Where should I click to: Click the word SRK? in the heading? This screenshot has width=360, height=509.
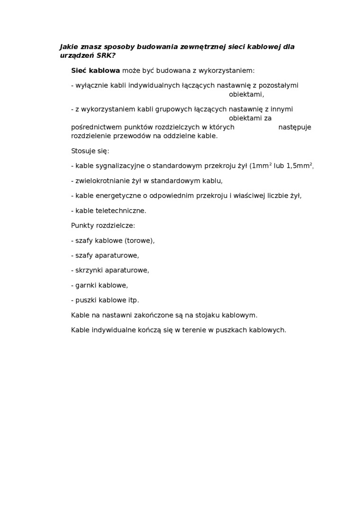point(106,55)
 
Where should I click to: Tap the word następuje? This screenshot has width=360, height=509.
point(295,127)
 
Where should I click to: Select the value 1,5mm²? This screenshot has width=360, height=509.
point(299,166)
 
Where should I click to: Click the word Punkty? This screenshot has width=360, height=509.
point(82,225)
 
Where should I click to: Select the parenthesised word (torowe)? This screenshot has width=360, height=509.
point(139,241)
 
